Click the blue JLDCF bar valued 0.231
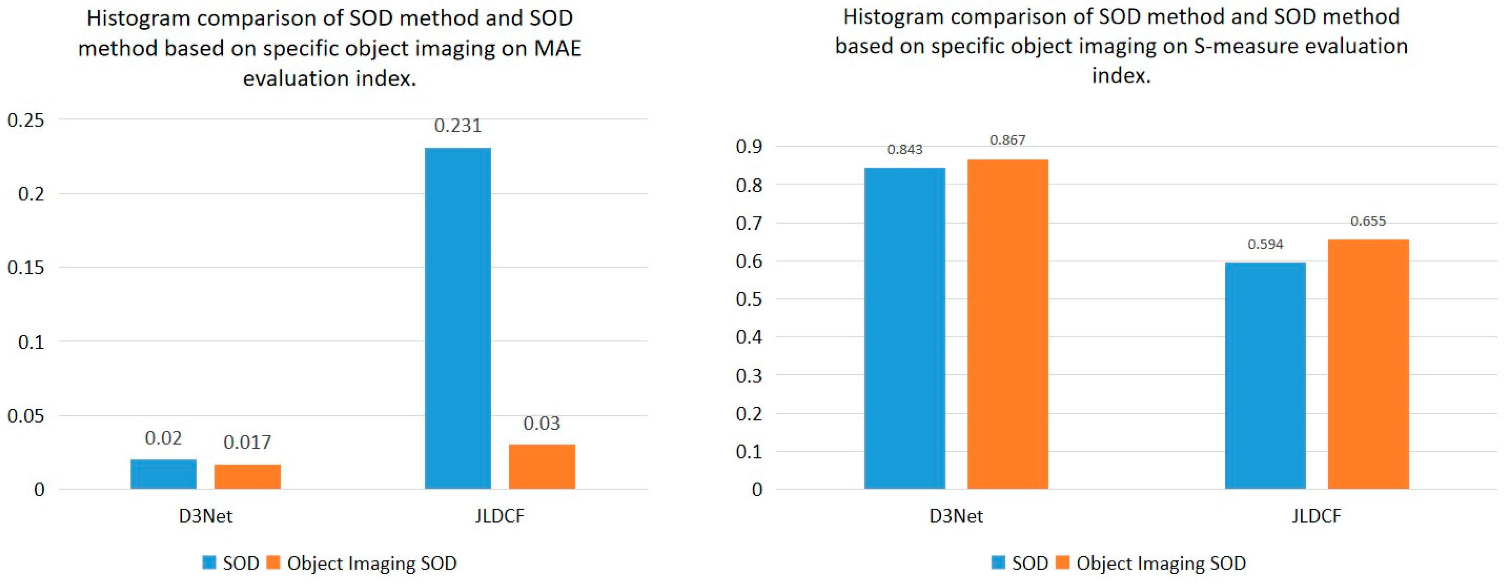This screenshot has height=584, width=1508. tap(458, 318)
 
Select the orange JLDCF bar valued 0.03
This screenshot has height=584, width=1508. tap(542, 467)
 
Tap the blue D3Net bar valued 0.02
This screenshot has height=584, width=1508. tap(163, 474)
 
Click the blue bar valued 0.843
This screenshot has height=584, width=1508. tap(905, 328)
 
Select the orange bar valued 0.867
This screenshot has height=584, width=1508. tap(1007, 324)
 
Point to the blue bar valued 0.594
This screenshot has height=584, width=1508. tap(1265, 375)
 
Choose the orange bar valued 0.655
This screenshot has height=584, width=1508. tap(1368, 364)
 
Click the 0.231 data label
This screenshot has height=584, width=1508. tap(458, 126)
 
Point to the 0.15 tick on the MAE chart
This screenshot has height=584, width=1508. tap(25, 268)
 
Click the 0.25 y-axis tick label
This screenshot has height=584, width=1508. tap(25, 120)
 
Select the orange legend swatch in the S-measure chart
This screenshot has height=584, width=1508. tap(1062, 562)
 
